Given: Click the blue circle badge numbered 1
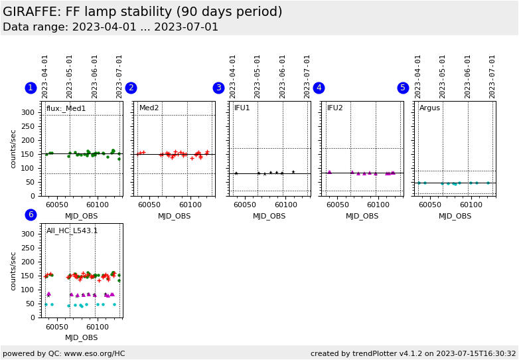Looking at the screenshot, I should point(31,88).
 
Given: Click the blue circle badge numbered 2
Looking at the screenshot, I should point(131,88).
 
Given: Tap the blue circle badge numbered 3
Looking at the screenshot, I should point(218,88).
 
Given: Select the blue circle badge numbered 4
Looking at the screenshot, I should point(319,88).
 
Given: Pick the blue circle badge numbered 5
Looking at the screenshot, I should point(403,88).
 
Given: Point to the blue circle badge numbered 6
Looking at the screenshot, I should point(31,215).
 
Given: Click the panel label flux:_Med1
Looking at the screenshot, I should point(66,108).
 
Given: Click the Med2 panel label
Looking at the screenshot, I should point(149,108).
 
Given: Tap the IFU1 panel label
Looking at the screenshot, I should point(242,108).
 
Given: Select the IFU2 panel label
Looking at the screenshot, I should point(335,108).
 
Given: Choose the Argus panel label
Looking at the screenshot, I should point(429,108).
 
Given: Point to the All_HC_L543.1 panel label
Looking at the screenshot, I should point(72,231).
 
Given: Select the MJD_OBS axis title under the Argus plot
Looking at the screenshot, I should point(455,216).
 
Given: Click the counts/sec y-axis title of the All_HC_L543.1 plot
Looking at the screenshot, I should point(14,270).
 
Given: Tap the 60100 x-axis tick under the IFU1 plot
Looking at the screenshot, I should point(285,205).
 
